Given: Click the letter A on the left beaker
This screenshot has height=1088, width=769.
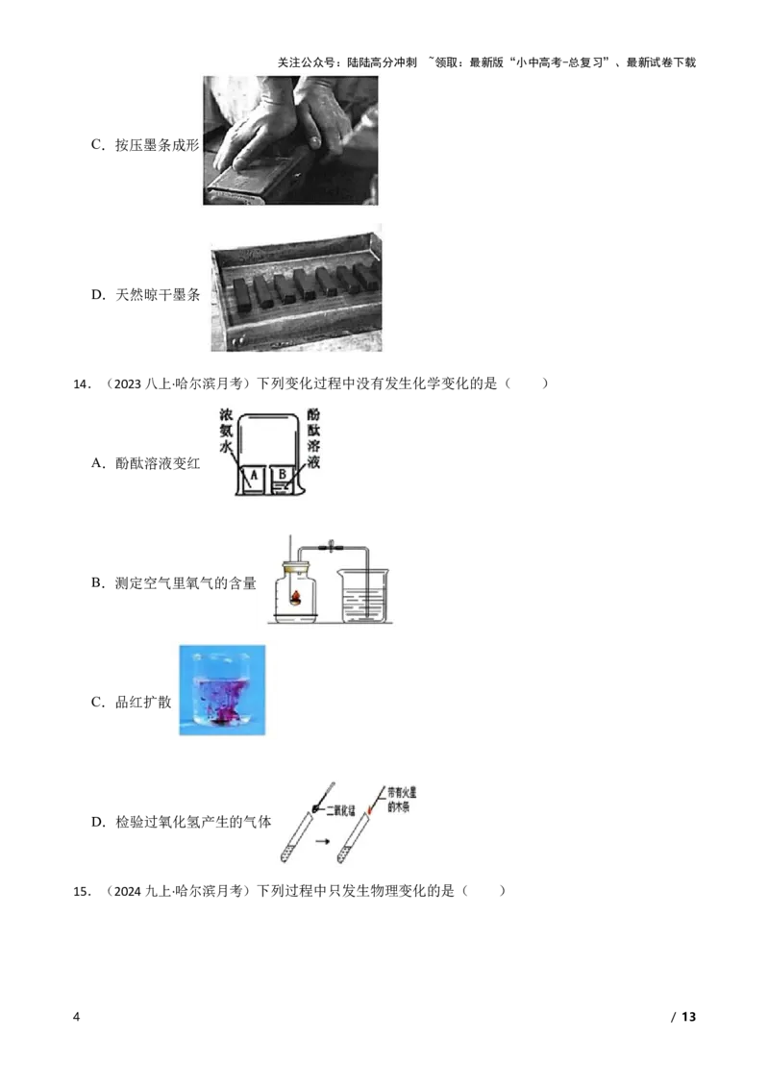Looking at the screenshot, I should [x=253, y=476].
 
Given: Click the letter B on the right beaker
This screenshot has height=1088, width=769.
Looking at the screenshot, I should [x=283, y=475].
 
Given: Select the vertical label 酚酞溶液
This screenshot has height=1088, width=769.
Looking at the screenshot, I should [x=312, y=438].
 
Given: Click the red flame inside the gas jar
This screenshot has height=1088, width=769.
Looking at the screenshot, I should [x=298, y=598].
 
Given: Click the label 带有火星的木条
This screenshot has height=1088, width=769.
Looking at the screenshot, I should [x=405, y=800].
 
